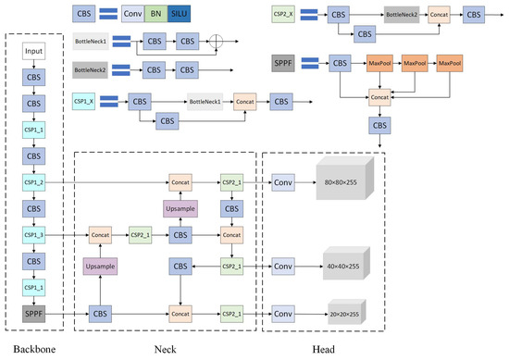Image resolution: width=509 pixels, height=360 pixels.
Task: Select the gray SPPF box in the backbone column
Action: [32, 314]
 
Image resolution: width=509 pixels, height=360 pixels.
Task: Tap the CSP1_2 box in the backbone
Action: [32, 184]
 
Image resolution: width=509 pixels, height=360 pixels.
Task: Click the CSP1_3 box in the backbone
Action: [32, 236]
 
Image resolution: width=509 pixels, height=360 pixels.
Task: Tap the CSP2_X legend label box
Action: [282, 15]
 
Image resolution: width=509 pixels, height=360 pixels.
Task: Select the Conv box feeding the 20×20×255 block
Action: [282, 314]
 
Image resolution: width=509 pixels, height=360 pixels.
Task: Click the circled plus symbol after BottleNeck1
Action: [218, 42]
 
